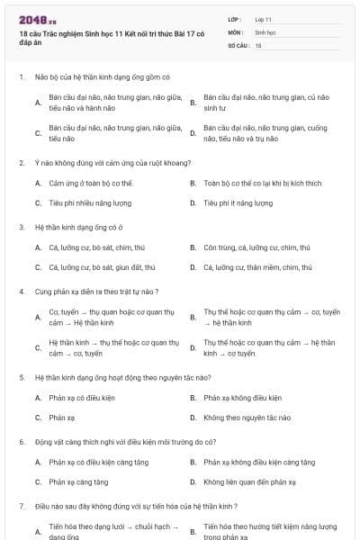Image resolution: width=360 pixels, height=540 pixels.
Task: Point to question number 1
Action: click(21, 77)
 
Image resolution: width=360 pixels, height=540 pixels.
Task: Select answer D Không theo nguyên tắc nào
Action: click(247, 418)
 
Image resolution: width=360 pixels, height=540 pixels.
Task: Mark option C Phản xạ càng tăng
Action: click(78, 481)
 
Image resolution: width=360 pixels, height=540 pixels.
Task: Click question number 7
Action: click(21, 506)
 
